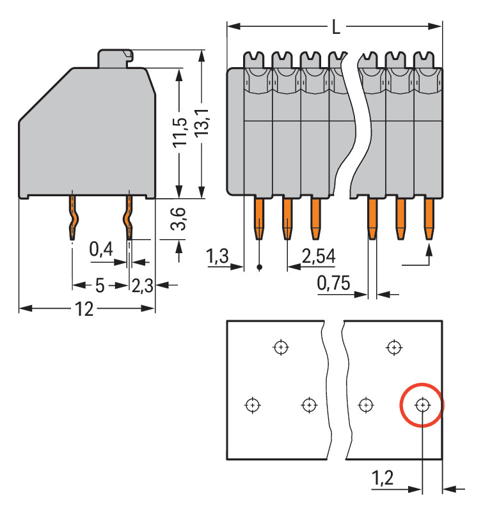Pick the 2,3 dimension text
coord(143,285)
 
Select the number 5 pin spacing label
coord(100,285)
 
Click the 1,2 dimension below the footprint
coord(383,478)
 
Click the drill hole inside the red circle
coord(422,405)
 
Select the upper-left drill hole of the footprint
coord(280,348)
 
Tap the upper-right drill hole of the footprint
coord(394,348)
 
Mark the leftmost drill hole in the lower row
coord(253,405)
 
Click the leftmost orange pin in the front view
coord(258,218)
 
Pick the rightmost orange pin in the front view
coord(429,218)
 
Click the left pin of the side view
coord(74,217)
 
